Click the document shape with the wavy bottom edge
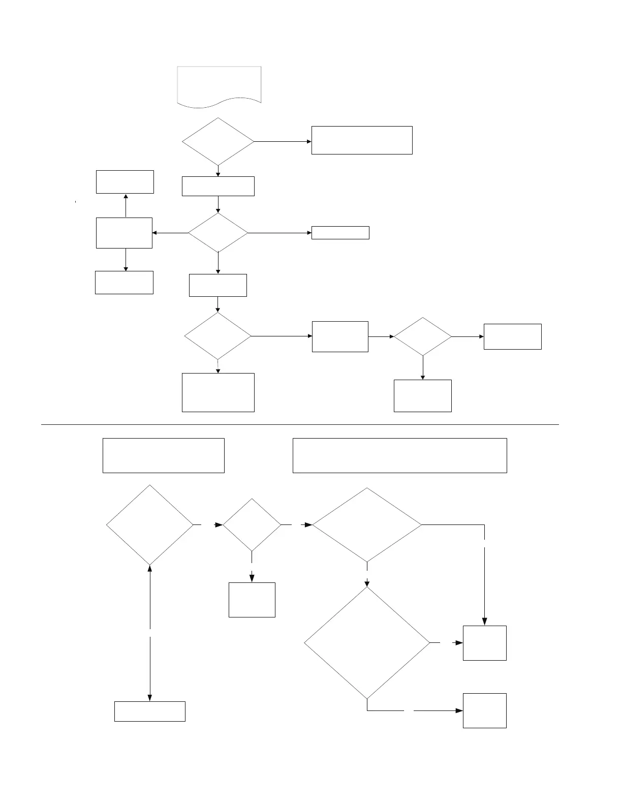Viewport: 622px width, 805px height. [x=219, y=85]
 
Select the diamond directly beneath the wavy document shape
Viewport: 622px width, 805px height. [x=218, y=142]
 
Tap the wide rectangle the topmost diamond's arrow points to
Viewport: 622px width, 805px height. [x=361, y=140]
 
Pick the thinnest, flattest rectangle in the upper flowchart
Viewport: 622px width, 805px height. [x=340, y=233]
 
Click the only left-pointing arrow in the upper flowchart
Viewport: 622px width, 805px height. [x=170, y=233]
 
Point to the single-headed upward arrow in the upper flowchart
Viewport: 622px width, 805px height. [x=126, y=205]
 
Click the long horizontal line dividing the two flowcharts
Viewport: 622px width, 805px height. [x=300, y=424]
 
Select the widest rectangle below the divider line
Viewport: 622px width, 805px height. [x=399, y=455]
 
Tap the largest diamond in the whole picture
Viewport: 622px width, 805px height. [x=367, y=643]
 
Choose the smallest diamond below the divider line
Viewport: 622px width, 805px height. [x=252, y=524]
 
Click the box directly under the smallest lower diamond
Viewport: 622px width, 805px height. [x=252, y=600]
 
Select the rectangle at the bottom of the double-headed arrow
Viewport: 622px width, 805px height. [x=149, y=711]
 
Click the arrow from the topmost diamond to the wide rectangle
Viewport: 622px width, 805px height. [x=283, y=142]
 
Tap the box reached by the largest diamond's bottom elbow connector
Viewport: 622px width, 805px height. [x=484, y=710]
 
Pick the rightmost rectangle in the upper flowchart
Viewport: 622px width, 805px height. [x=512, y=336]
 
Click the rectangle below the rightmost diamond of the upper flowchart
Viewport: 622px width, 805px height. [x=422, y=395]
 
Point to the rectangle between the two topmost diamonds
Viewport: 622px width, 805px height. [x=218, y=186]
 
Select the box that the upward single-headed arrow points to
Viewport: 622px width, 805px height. [x=125, y=182]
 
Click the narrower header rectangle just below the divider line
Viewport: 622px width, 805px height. [x=163, y=455]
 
